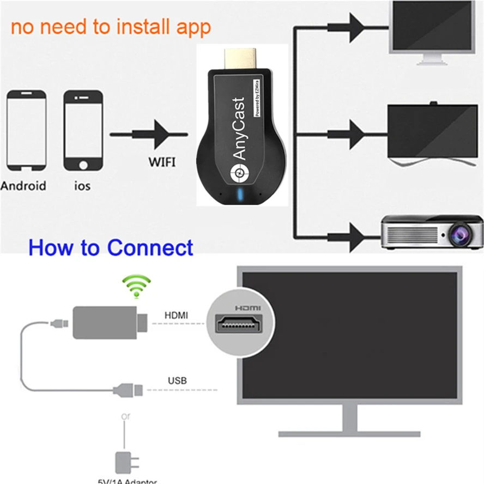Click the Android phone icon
click(x=26, y=131)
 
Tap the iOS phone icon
click(x=83, y=131)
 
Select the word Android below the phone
click(x=23, y=185)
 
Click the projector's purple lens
click(x=460, y=234)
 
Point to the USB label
click(x=177, y=380)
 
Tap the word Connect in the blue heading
click(x=150, y=247)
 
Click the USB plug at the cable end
click(x=128, y=390)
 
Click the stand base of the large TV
click(x=349, y=434)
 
